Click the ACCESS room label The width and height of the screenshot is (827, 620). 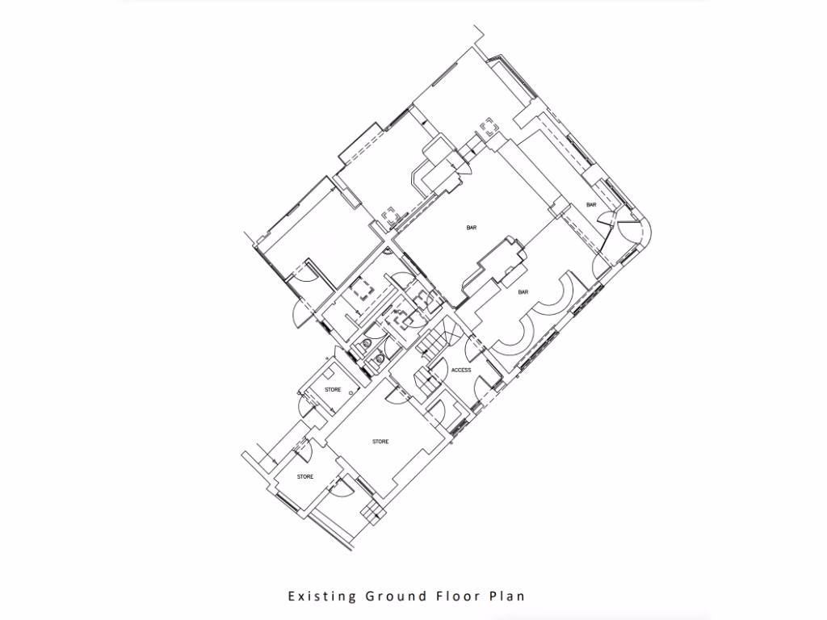461,371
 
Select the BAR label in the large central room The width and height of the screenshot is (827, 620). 471,228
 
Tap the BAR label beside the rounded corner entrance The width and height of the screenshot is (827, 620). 591,205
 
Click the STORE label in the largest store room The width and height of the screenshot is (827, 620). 380,442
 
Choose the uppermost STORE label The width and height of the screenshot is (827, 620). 333,390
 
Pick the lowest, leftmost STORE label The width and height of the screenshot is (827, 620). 304,477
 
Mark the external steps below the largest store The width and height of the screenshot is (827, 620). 372,512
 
